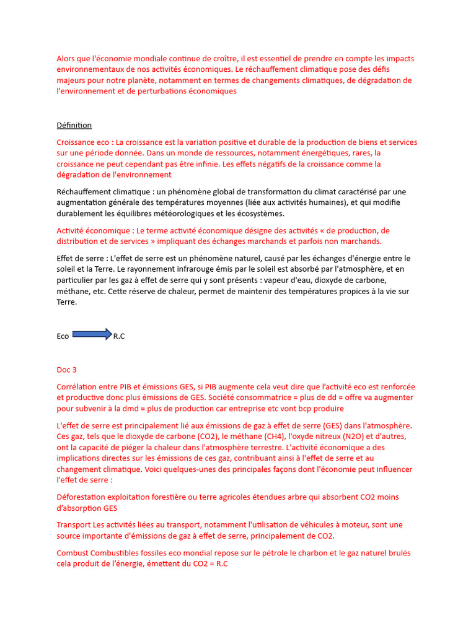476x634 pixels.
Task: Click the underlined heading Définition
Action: click(74, 125)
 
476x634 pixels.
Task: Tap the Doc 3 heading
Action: click(66, 370)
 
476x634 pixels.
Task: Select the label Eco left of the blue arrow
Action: click(63, 336)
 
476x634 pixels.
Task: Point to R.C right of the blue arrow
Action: click(119, 336)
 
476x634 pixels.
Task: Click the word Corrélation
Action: click(77, 386)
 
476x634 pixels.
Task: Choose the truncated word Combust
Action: click(73, 553)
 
